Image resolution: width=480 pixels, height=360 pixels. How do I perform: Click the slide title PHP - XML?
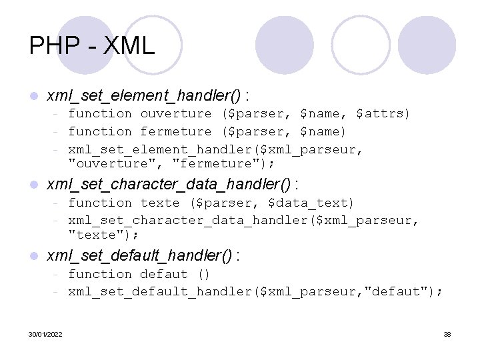(92, 45)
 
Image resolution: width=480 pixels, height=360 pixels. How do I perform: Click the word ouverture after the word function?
(175, 114)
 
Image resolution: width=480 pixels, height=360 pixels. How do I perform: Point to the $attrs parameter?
(383, 114)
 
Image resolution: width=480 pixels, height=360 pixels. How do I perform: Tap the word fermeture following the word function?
(175, 132)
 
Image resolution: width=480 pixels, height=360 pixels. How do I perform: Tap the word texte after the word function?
(160, 203)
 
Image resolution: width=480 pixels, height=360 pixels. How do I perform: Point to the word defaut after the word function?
(164, 274)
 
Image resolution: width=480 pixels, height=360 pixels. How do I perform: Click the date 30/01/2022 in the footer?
(46, 334)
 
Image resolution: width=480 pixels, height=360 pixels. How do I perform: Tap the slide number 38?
(447, 334)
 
